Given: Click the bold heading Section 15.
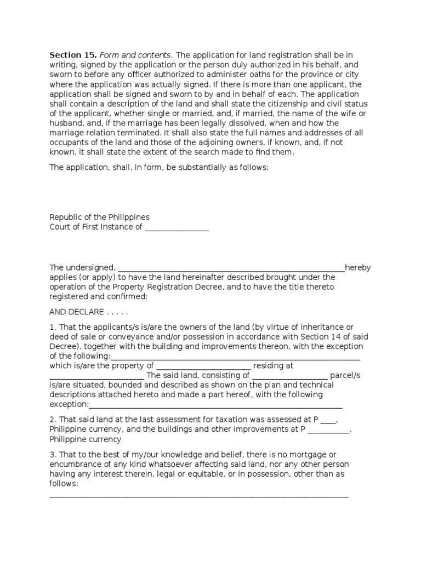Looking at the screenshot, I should click(x=66, y=55).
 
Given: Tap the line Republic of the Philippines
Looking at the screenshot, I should click(x=99, y=217).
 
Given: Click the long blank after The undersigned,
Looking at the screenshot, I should click(x=231, y=268).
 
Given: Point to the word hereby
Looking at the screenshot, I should click(x=358, y=268).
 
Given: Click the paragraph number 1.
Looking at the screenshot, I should click(x=52, y=328).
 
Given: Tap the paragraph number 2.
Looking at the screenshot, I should click(x=52, y=420).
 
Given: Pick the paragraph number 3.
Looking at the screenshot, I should click(x=52, y=455).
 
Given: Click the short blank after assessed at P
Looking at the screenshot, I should click(x=328, y=420).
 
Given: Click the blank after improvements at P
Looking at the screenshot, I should click(x=328, y=430).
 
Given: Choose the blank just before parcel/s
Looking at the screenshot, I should click(x=290, y=375).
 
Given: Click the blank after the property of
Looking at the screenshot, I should click(x=204, y=365).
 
